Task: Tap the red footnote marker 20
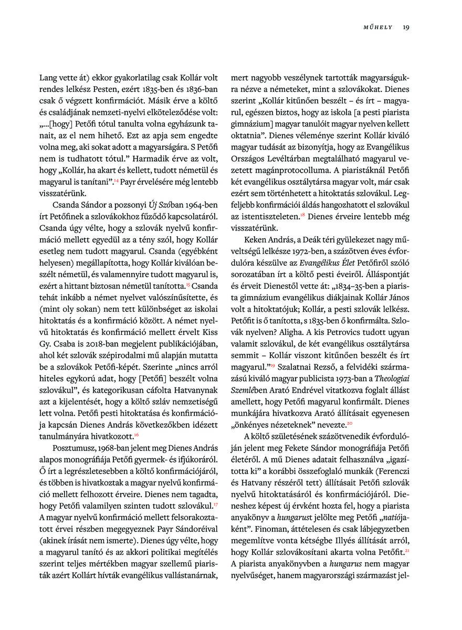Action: pyautogui.click(x=348, y=423)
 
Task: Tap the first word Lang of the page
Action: pyautogui.click(x=48, y=76)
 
